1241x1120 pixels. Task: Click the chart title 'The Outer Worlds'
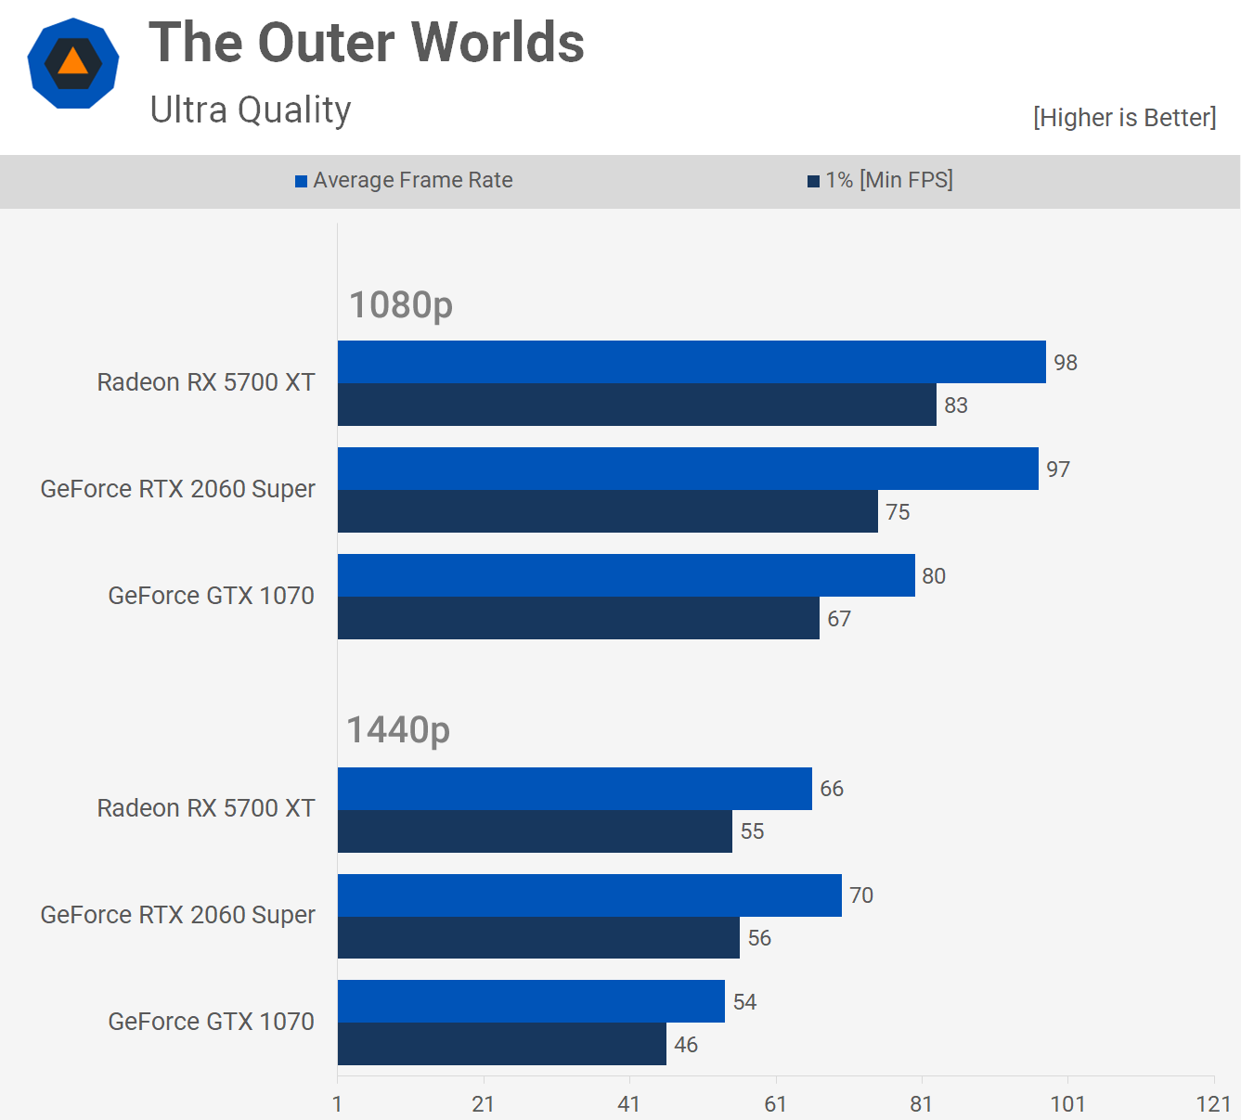367,43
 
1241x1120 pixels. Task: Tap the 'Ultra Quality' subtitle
251,109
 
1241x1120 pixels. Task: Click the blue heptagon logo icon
73,63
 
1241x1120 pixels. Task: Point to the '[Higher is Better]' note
1124,118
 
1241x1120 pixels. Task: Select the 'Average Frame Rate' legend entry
404,180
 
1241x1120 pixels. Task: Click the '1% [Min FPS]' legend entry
880,180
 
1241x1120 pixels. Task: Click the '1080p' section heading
401,304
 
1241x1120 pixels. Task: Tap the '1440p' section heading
398,730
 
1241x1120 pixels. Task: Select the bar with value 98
692,362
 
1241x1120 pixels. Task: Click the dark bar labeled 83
637,405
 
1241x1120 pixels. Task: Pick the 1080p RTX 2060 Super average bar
688,469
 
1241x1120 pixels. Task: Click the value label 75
898,512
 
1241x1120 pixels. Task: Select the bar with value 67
578,618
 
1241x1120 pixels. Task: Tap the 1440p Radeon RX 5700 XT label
206,808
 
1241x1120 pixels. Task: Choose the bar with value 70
589,895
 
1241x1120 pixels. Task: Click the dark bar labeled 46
501,1044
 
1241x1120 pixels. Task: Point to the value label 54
744,1002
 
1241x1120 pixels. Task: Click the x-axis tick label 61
775,1103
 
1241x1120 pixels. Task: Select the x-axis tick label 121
1213,1103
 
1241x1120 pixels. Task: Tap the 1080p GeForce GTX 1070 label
211,596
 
